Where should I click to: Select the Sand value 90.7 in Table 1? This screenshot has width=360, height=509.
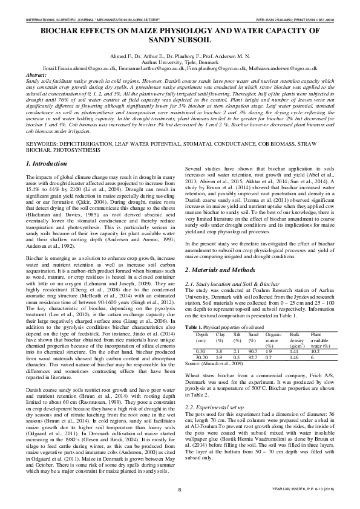(255, 351)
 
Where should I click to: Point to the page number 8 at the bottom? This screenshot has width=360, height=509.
(179, 489)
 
